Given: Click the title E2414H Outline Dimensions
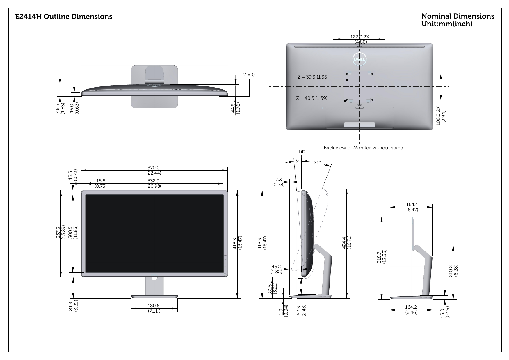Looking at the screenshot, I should pyautogui.click(x=64, y=17).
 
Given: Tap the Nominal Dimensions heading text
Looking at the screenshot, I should pyautogui.click(x=458, y=16).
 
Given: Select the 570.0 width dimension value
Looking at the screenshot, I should pyautogui.click(x=153, y=168).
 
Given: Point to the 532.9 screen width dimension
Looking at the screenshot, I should pyautogui.click(x=153, y=181).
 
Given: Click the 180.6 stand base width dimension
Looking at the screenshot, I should pyautogui.click(x=154, y=306).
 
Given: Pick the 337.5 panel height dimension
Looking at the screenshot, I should pyautogui.click(x=58, y=233).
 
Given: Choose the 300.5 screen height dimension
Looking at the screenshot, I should pyautogui.click(x=70, y=233).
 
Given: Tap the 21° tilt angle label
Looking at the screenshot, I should pyautogui.click(x=317, y=162).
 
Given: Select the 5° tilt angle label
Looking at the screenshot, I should pyautogui.click(x=297, y=161).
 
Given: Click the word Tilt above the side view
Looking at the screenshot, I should pyautogui.click(x=301, y=152).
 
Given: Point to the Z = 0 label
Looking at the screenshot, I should pyautogui.click(x=249, y=75).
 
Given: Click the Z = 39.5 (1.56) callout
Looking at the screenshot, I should pyautogui.click(x=313, y=77).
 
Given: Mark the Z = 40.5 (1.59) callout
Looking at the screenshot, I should pyautogui.click(x=312, y=98).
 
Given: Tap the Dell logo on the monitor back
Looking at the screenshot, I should pyautogui.click(x=359, y=59).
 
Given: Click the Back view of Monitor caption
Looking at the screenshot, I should pyautogui.click(x=363, y=148).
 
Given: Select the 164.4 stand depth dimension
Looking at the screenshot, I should pyautogui.click(x=412, y=205).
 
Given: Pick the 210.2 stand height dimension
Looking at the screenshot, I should pyautogui.click(x=451, y=271).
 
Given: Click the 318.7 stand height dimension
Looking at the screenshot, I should pyautogui.click(x=379, y=257).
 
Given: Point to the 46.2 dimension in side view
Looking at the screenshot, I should pyautogui.click(x=276, y=267).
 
